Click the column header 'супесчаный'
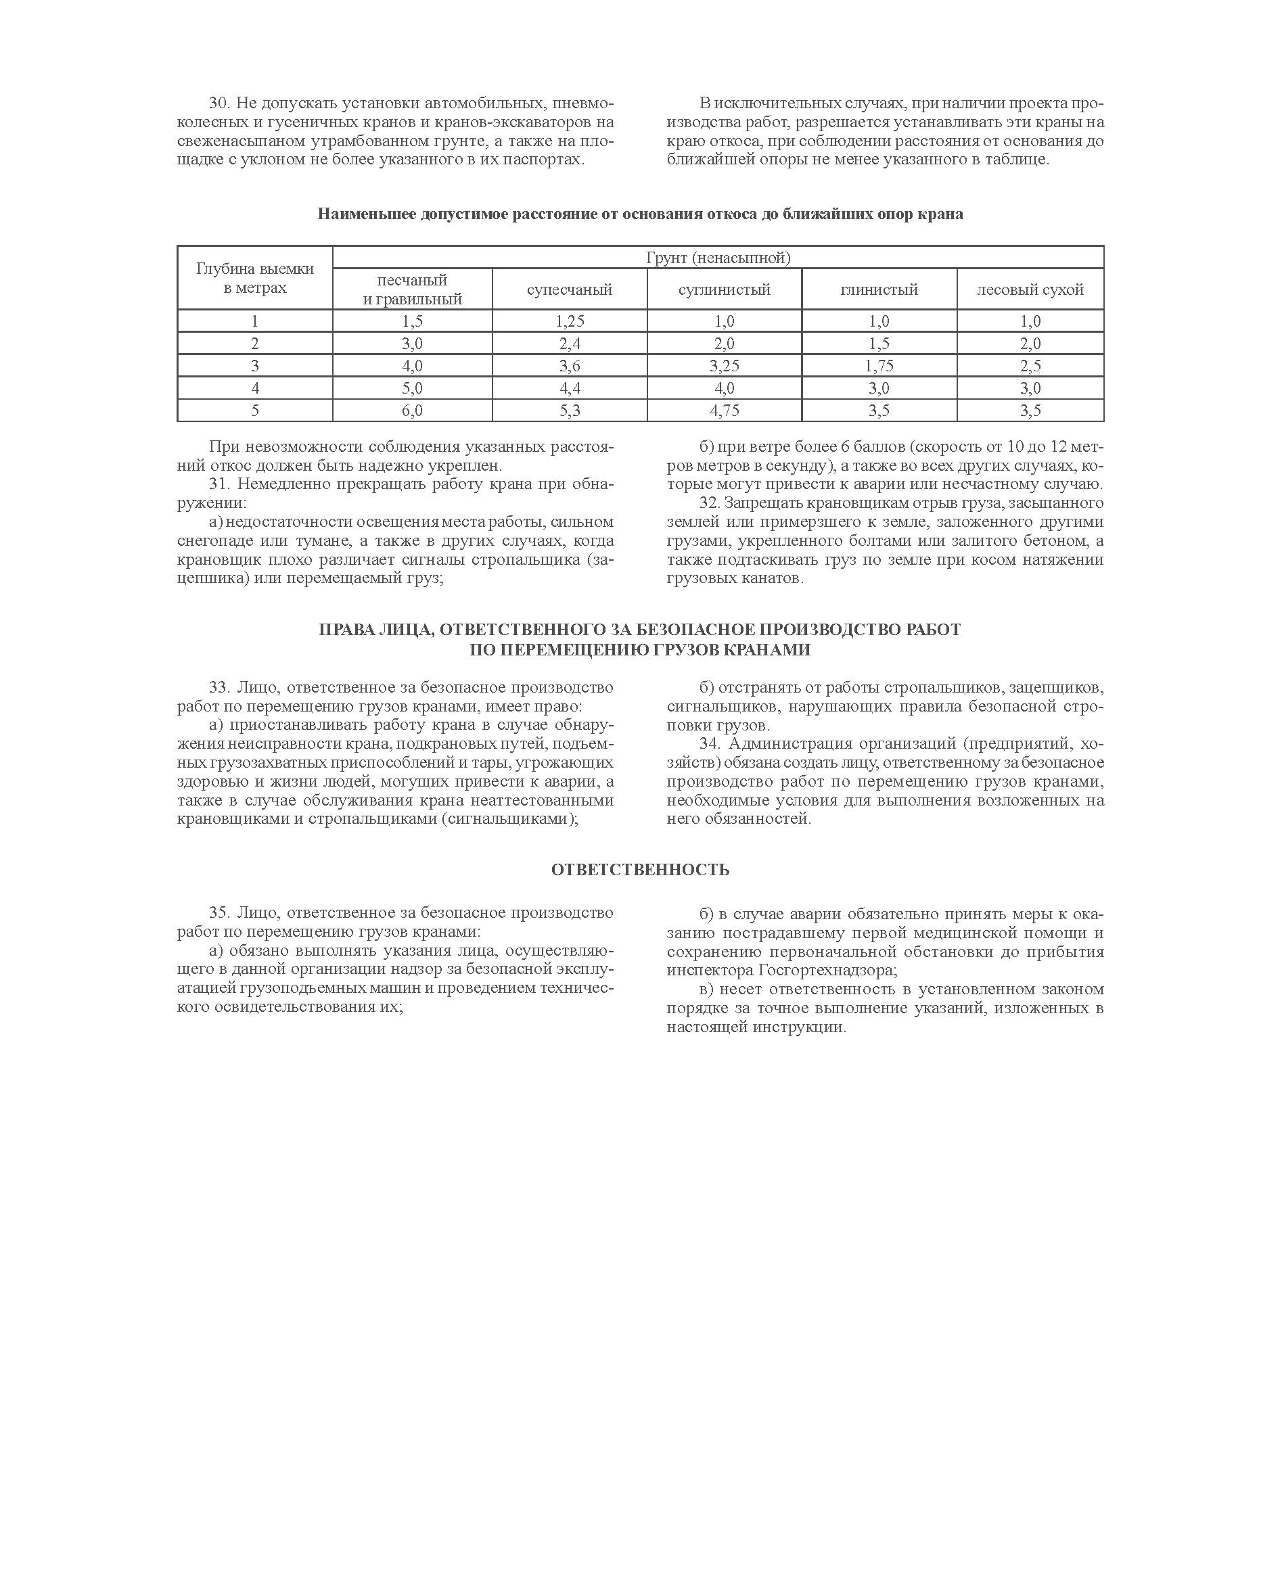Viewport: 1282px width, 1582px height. (570, 289)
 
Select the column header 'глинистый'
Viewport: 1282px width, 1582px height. (879, 289)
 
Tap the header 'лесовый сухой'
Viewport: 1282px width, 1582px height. (1030, 289)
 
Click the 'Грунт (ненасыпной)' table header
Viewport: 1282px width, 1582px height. (718, 258)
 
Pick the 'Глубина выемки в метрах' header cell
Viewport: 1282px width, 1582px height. (255, 278)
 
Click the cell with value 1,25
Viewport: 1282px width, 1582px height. (570, 321)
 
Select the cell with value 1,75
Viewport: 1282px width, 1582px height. (879, 365)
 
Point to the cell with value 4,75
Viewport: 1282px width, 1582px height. (724, 411)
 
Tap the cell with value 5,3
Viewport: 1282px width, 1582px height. (570, 411)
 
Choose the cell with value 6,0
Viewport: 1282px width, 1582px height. (412, 411)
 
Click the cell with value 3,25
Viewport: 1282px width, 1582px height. (724, 365)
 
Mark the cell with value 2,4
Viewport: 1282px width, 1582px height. (570, 344)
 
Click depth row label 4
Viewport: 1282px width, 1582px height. (255, 388)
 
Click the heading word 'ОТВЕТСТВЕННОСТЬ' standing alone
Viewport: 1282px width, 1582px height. (640, 870)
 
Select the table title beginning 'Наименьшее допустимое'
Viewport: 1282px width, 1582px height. (640, 214)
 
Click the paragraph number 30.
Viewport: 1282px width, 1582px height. (219, 103)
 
